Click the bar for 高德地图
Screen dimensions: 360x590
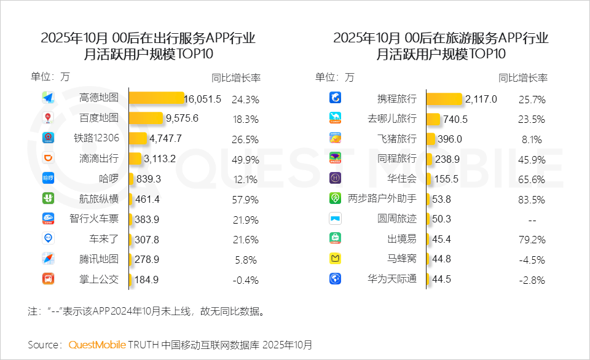pos(157,98)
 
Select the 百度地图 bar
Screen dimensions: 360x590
pos(146,118)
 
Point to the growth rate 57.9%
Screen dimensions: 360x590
pos(245,199)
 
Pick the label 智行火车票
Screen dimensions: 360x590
pos(94,219)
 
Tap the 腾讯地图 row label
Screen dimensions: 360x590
pos(98,259)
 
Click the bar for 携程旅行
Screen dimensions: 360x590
pos(444,98)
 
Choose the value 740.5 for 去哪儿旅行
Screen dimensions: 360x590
pos(455,119)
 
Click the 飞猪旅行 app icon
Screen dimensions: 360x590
pos(336,138)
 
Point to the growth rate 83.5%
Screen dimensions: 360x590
pos(532,198)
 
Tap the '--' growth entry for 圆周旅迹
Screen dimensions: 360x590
pos(532,219)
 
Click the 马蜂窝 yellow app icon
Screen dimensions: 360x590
pos(336,259)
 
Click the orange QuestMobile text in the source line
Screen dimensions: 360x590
pos(97,344)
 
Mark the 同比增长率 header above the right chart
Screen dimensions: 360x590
pos(523,78)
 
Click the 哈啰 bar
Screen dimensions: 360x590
pos(132,178)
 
